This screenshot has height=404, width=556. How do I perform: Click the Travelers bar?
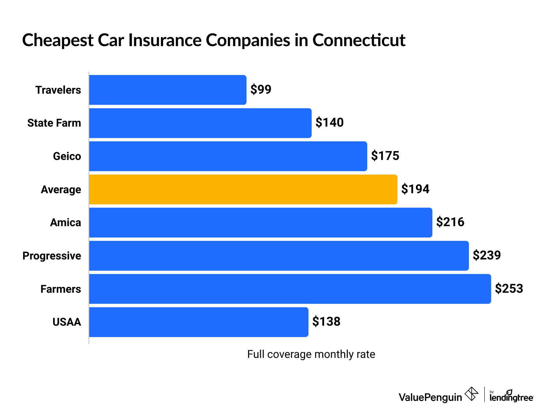coord(168,90)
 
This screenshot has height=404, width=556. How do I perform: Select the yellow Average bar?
coord(243,190)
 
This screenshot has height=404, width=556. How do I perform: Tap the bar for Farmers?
coord(290,289)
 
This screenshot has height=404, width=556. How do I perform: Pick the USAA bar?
coord(198,322)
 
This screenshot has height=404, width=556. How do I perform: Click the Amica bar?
coord(260,222)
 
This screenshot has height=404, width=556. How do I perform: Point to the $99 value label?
coord(261,89)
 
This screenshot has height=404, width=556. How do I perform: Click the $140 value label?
coord(330,123)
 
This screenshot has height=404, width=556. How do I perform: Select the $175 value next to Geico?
coord(385,156)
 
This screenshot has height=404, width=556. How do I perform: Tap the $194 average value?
coord(415,189)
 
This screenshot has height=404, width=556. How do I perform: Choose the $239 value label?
coord(487,255)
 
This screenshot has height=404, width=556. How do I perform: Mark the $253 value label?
coord(509,288)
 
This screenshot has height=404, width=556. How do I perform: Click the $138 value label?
coord(326,322)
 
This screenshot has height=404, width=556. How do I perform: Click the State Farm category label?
coord(54,123)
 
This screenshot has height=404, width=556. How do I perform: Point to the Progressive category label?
coord(52,256)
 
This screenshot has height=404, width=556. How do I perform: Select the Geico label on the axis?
coord(67,156)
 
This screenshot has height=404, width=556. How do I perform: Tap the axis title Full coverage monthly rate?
coord(311,354)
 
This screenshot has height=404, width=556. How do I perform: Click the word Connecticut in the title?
coord(359,40)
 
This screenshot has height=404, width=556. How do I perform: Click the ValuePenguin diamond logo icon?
coord(471,394)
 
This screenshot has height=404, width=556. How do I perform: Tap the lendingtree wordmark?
coord(511,397)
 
